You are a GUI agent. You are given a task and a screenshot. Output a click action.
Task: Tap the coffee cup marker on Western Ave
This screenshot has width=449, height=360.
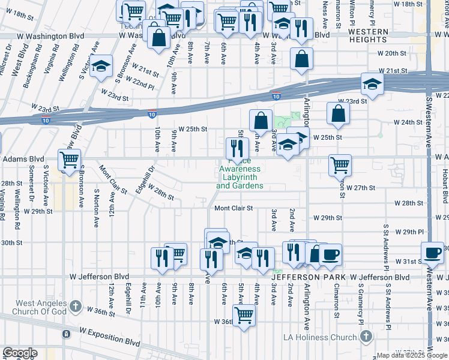coord(432,252)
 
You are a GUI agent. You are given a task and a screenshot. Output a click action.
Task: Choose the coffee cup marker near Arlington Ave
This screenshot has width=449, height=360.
coord(330,254)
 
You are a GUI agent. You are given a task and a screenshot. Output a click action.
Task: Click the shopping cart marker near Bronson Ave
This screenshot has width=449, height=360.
coord(70,160)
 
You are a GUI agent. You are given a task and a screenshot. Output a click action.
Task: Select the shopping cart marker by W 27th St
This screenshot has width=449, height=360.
coord(340,164)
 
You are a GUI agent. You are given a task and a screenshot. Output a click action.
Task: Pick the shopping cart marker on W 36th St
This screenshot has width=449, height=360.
coord(244,314)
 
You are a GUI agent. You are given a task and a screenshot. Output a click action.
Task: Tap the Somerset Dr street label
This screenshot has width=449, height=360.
coord(29,187)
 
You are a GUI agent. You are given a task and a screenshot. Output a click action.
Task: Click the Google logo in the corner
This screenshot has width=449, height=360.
coord(20,353)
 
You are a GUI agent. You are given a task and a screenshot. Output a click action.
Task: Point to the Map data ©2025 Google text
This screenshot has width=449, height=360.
coord(412,355)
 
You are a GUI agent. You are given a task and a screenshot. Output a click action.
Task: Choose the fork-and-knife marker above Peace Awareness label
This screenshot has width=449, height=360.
coord(237,147)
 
